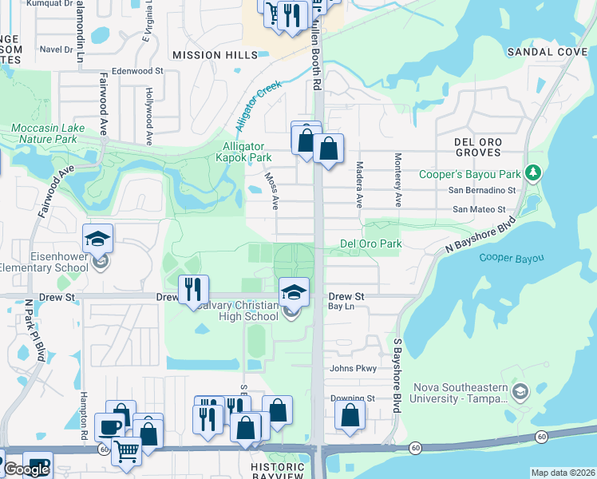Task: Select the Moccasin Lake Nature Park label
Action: (x=44, y=133)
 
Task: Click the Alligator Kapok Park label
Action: (x=248, y=152)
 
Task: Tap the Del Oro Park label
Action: (x=370, y=243)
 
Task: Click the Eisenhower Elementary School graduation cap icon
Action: (x=98, y=239)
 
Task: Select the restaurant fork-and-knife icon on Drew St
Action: (x=192, y=289)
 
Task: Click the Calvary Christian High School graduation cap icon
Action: (x=294, y=291)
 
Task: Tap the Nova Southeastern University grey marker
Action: (x=520, y=390)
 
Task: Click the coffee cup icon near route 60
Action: (x=109, y=426)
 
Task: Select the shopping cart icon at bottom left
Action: (x=126, y=451)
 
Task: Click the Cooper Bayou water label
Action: (x=511, y=257)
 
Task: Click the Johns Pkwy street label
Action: (x=352, y=368)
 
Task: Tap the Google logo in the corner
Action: (x=26, y=469)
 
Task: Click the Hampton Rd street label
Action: (x=82, y=415)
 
